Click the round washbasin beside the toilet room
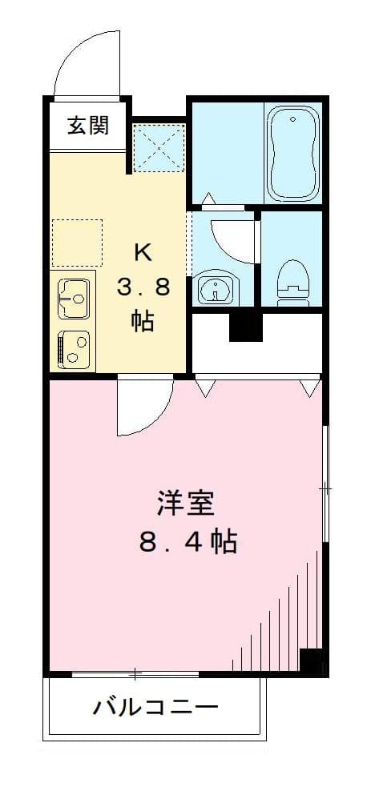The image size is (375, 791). [215, 290]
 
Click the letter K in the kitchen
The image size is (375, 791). [143, 252]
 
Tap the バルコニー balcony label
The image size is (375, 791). [155, 708]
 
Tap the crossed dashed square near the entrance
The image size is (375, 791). [159, 148]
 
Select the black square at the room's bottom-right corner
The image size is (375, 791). [311, 661]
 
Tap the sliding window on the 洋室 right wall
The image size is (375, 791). [325, 486]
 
